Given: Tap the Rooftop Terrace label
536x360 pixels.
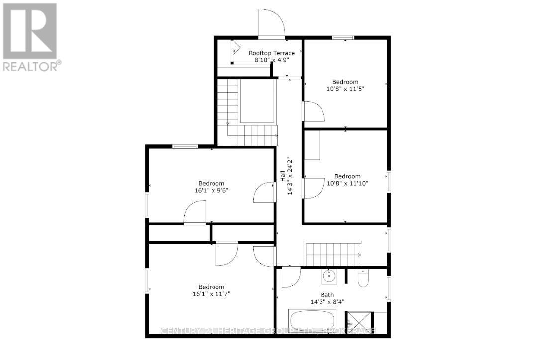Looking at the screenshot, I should [x=271, y=53].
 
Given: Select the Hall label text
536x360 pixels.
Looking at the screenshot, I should [x=282, y=176].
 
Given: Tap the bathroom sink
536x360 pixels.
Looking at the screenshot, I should [x=329, y=274].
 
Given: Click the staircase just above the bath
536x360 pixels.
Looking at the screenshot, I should [x=332, y=254].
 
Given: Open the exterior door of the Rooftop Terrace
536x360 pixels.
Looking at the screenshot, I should [x=271, y=24].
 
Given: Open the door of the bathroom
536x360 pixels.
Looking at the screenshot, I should [x=291, y=278].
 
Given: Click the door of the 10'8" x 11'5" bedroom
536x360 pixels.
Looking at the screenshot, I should [x=313, y=111].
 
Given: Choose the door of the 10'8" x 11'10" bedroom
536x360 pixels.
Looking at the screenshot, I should [x=313, y=188].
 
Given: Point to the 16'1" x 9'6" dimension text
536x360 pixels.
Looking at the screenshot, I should [x=212, y=190].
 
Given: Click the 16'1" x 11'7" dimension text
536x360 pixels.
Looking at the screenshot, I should [x=212, y=294].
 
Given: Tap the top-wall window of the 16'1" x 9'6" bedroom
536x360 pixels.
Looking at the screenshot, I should [x=185, y=146].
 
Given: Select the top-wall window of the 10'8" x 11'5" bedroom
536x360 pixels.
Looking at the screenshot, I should [x=343, y=37].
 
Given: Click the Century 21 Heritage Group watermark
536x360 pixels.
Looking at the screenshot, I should [x=269, y=331].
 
